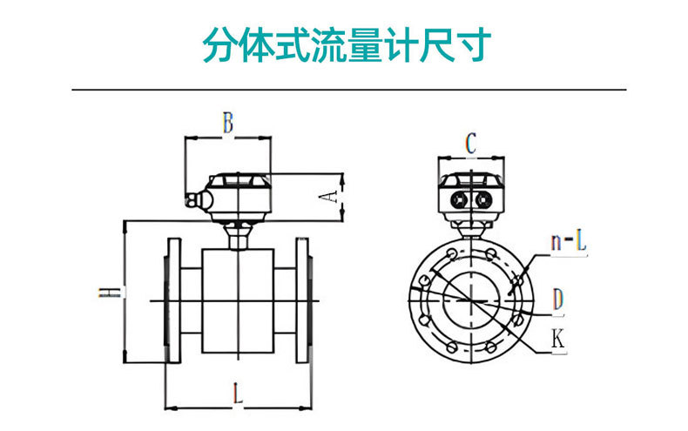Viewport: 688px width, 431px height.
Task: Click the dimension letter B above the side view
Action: (x=226, y=123)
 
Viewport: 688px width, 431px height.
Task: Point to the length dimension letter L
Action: (x=237, y=393)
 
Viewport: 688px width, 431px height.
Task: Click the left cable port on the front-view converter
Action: (x=457, y=198)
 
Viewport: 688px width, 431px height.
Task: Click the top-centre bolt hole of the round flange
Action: (x=469, y=249)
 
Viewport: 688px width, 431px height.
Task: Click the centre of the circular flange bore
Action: (x=469, y=301)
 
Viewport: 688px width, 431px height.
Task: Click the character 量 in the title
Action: (x=368, y=44)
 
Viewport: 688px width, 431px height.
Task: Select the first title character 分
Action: (x=219, y=44)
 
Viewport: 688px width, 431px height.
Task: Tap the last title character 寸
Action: (x=478, y=44)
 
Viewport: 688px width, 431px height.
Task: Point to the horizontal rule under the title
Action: (x=348, y=90)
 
